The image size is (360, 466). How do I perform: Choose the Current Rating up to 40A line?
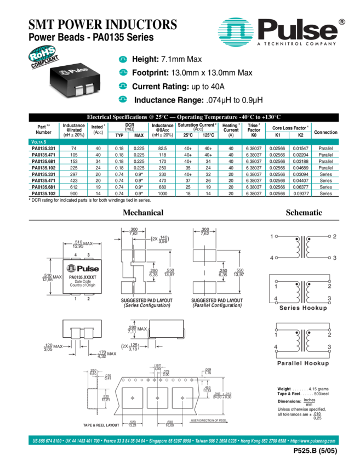point(178,87)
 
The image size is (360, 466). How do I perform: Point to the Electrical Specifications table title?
point(184,117)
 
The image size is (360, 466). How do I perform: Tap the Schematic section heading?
point(304,212)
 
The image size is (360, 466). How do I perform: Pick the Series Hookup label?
point(302,308)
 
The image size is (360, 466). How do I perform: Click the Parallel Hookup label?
point(302,363)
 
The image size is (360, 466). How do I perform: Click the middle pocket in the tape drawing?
point(157,399)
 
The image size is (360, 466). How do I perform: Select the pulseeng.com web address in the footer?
point(313,441)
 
